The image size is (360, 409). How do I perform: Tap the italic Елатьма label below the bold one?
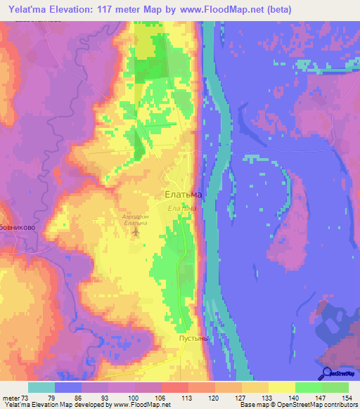pyautogui.click(x=181, y=208)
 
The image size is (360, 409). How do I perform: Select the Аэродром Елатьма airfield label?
pyautogui.click(x=135, y=220)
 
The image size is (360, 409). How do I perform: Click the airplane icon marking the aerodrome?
pyautogui.click(x=136, y=233)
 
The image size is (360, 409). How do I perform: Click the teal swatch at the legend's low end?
pyautogui.click(x=41, y=387)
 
